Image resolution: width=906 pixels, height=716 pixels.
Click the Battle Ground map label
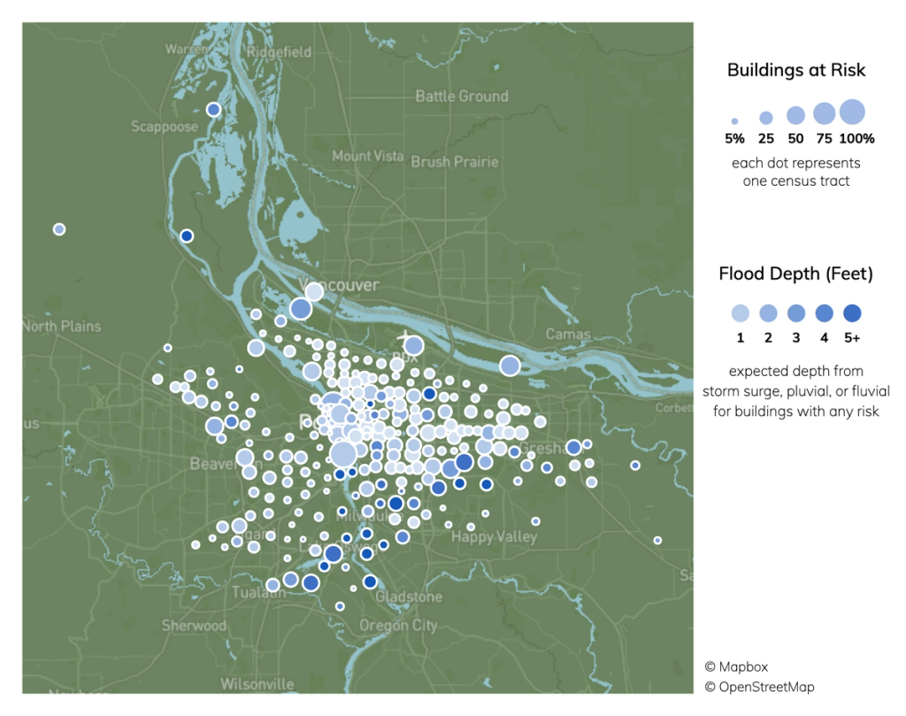click(461, 96)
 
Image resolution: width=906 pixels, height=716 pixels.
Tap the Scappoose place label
click(165, 127)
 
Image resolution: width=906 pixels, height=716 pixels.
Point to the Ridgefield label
click(279, 52)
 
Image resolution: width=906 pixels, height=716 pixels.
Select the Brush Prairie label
click(455, 162)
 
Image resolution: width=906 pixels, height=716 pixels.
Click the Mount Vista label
click(367, 156)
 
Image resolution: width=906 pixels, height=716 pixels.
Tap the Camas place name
click(567, 334)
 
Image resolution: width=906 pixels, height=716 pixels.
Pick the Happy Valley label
click(495, 536)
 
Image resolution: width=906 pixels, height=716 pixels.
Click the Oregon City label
click(398, 625)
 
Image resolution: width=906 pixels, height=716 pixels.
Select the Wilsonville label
click(257, 684)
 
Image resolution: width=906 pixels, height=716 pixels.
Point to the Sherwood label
click(194, 626)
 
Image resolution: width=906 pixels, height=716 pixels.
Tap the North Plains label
click(61, 326)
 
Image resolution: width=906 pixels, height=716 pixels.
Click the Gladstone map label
click(409, 597)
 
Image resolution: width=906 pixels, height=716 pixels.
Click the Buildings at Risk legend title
click(796, 70)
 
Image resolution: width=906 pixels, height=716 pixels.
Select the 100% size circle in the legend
click(852, 112)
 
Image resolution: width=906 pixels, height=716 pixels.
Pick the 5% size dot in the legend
click(734, 121)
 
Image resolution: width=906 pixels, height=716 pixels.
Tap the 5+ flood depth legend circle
click(853, 312)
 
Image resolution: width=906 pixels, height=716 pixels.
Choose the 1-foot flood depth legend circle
click(740, 312)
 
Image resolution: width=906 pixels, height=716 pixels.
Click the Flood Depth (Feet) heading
click(796, 274)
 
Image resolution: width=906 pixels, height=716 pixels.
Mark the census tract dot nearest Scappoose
click(213, 110)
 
